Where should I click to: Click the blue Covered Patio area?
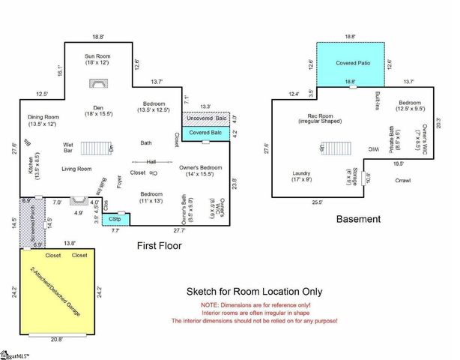tap(351, 62)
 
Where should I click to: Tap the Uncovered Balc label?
tap(205, 118)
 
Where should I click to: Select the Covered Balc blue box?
tap(205, 133)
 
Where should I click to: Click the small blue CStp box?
tap(115, 219)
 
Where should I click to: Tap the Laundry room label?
tap(302, 177)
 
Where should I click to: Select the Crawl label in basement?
tap(403, 181)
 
